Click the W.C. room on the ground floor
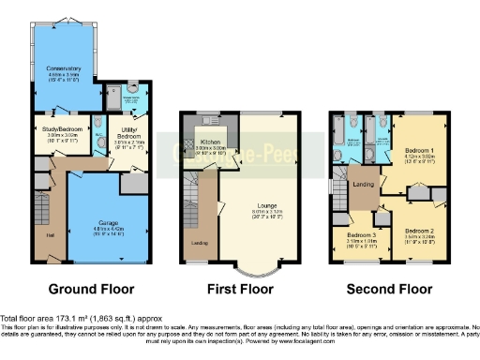97,136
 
